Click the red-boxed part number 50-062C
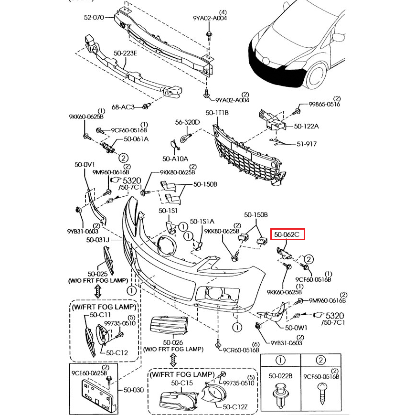(287, 234)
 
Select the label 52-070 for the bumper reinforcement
(94, 18)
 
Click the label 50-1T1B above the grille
(217, 113)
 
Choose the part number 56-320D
(187, 122)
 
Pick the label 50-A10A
(175, 159)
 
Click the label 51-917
(307, 143)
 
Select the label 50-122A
(306, 126)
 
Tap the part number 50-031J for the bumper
(98, 239)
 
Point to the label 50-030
(134, 390)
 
